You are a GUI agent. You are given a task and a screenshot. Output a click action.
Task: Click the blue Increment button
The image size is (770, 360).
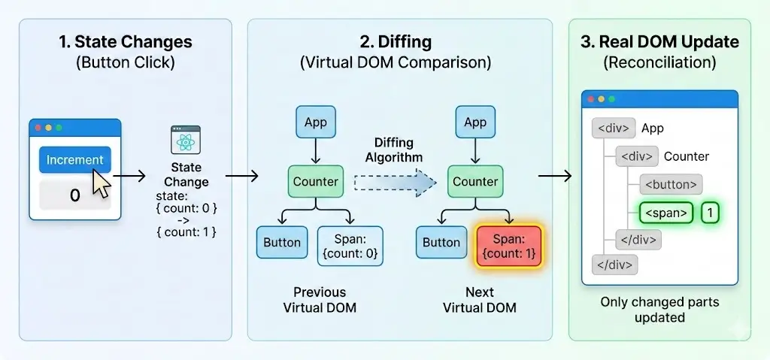click(x=74, y=160)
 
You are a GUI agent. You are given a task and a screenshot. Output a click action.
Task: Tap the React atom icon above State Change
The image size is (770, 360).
click(x=186, y=141)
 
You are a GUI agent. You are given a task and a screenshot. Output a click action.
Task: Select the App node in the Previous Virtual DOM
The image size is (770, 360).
click(x=315, y=123)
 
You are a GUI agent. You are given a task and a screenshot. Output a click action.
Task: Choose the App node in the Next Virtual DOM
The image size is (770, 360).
click(x=475, y=123)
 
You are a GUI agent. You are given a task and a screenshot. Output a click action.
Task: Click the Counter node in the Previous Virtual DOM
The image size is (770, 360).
click(x=315, y=181)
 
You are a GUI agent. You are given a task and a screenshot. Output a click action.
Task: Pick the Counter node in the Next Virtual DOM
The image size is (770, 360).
click(x=475, y=181)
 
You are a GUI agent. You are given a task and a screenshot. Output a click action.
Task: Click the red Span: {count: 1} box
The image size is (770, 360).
click(x=509, y=246)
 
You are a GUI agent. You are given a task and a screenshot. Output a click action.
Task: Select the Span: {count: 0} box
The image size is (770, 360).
click(x=350, y=246)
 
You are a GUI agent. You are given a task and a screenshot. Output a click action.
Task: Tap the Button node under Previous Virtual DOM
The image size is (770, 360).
click(x=282, y=243)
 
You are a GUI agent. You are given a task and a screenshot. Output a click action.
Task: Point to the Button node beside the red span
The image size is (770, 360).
click(x=441, y=243)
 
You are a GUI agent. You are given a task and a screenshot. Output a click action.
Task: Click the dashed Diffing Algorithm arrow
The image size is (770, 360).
click(x=395, y=182)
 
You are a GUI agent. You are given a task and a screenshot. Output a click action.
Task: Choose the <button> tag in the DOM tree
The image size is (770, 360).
click(x=671, y=184)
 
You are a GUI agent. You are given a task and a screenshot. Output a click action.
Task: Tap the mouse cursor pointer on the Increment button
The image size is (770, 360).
click(x=101, y=182)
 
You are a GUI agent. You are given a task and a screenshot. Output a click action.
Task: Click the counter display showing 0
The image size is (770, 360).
click(x=74, y=195)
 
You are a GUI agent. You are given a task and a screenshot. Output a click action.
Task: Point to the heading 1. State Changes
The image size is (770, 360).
click(x=125, y=41)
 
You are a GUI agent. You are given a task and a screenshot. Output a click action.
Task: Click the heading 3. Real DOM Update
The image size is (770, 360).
click(x=659, y=41)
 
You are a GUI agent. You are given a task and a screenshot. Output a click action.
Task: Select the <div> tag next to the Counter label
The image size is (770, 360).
click(x=635, y=156)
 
